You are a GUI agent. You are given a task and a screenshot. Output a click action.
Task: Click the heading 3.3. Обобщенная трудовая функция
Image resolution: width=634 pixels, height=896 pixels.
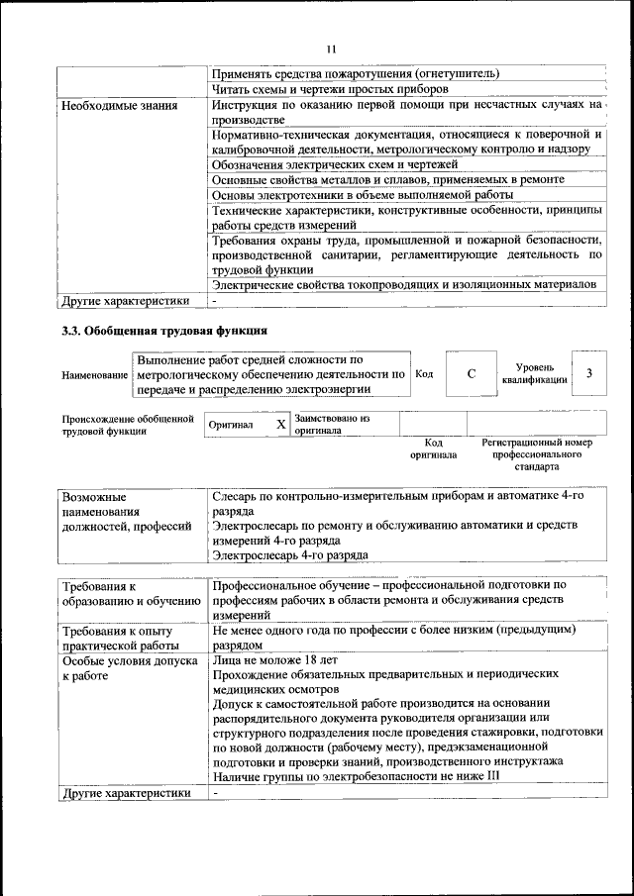point(163,331)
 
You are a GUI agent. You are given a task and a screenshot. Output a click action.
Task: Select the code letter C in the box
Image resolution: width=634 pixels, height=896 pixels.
point(472,373)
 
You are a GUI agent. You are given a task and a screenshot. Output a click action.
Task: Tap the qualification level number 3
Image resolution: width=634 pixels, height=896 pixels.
point(589,373)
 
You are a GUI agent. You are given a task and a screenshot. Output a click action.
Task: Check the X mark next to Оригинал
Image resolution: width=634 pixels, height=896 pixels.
point(280,425)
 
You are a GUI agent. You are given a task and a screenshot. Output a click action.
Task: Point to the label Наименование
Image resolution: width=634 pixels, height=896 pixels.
point(95,376)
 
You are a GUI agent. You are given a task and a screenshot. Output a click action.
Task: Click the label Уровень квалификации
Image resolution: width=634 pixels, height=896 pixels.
point(534,373)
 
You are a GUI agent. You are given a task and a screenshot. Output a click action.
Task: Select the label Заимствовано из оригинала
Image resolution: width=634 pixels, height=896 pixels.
point(332,425)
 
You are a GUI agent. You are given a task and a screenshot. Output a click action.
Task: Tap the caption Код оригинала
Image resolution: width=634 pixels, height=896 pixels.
point(433,449)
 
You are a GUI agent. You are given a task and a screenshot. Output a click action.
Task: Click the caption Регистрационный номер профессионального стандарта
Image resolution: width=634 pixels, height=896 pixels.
point(536,454)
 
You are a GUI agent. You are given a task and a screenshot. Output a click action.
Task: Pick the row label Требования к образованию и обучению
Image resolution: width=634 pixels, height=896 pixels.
point(121,593)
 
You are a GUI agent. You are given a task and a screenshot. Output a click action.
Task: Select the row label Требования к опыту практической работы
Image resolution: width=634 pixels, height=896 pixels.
point(117,637)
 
